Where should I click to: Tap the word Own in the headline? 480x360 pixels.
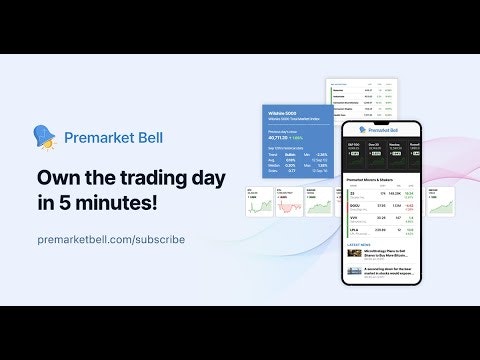(x=57, y=176)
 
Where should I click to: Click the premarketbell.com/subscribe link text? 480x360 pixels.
(x=111, y=240)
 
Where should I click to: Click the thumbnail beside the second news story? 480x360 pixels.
(x=354, y=270)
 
